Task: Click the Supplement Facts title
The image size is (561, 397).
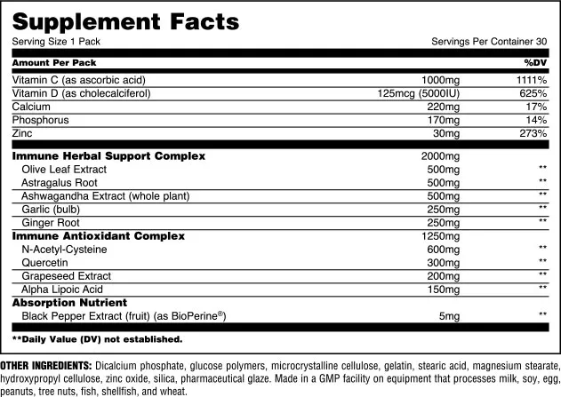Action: point(125,20)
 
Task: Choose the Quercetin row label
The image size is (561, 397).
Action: point(43,263)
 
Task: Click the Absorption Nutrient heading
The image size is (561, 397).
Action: point(68,303)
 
